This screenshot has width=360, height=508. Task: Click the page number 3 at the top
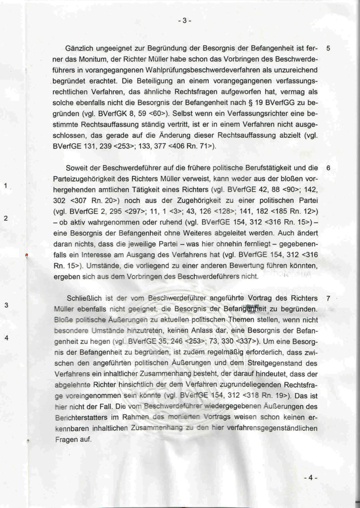(x=184, y=21)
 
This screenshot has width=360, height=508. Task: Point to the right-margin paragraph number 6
(x=328, y=168)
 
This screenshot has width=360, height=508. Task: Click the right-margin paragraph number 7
(x=328, y=298)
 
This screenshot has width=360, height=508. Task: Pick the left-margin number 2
(x=6, y=219)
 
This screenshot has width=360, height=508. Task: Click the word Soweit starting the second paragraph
(x=77, y=168)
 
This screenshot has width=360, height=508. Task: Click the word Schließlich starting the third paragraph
(x=82, y=298)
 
